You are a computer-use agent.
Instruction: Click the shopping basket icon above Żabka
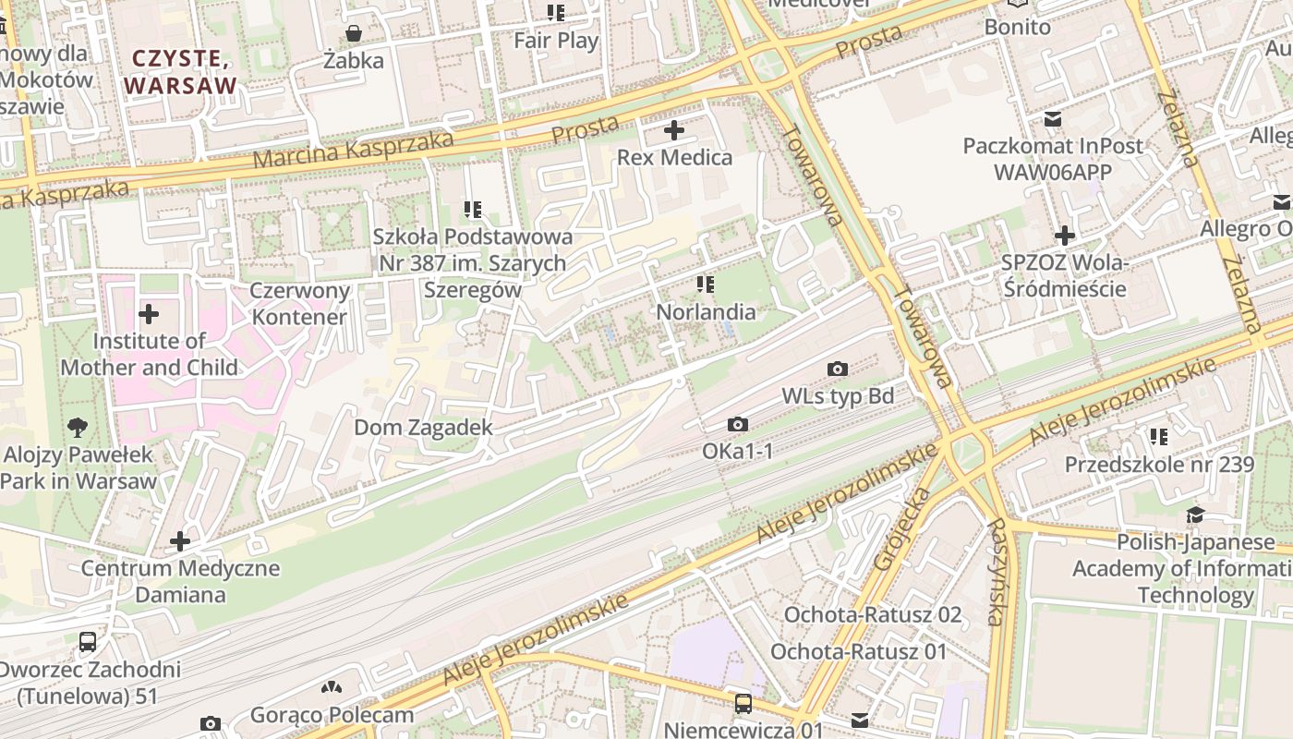tap(353, 34)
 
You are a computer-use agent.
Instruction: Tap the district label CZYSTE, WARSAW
tap(180, 72)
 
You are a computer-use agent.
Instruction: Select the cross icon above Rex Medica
tap(674, 130)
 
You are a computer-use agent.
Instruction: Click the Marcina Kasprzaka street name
tap(353, 149)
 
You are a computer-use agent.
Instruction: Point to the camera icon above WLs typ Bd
tap(838, 369)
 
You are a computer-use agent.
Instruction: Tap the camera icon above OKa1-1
tap(737, 425)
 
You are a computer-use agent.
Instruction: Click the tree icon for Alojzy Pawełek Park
tap(79, 428)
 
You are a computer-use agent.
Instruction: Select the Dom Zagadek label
tap(423, 428)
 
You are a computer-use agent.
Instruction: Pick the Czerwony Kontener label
tap(300, 304)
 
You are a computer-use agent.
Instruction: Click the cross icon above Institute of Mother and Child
tap(149, 314)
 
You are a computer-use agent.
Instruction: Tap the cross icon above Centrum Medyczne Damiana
tap(180, 541)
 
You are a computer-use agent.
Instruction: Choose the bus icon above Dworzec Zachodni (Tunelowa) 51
tap(88, 641)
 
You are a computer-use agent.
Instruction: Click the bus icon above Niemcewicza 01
tap(743, 704)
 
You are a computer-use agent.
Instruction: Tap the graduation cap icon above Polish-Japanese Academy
tap(1195, 515)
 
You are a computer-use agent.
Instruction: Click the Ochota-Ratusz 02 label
tap(872, 614)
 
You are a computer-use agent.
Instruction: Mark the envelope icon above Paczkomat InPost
tap(1052, 119)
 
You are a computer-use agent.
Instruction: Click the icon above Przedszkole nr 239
tap(1159, 437)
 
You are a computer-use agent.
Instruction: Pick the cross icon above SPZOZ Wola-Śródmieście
tap(1065, 236)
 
